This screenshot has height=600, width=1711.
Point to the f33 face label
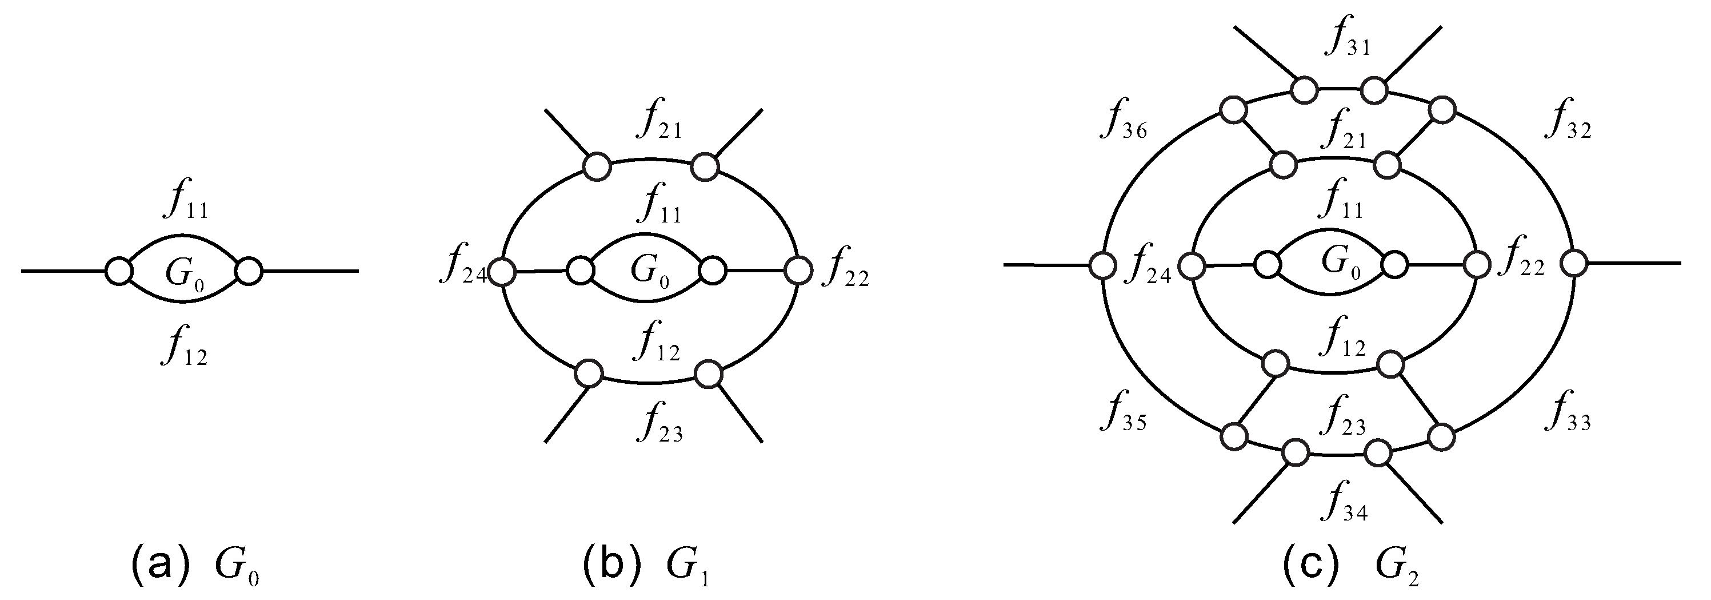pos(1568,416)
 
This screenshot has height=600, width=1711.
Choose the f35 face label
pos(1122,416)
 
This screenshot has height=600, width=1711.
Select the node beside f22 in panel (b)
pos(798,271)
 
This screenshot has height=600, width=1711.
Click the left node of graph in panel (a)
pos(119,272)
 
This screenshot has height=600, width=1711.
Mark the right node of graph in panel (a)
pos(249,272)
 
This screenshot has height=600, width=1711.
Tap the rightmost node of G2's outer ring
pos(1573,264)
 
